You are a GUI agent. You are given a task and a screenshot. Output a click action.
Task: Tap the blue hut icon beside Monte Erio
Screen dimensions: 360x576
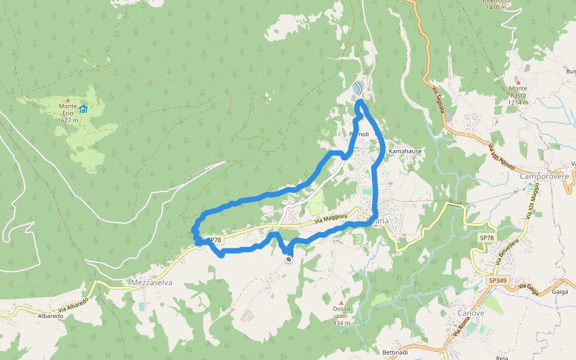(x=83, y=109)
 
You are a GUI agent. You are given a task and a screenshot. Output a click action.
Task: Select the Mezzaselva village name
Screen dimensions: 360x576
(x=152, y=282)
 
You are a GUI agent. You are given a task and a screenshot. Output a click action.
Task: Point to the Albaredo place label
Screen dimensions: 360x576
(x=50, y=316)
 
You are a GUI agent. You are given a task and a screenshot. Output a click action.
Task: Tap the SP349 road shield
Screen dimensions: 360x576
(x=497, y=280)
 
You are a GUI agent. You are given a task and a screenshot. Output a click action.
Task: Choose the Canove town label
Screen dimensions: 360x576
(x=470, y=313)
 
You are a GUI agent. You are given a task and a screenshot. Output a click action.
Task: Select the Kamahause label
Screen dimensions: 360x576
(x=405, y=151)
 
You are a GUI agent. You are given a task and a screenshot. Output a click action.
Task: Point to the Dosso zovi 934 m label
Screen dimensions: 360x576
(x=341, y=316)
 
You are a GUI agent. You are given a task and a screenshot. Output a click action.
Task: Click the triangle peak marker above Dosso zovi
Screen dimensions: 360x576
(x=341, y=302)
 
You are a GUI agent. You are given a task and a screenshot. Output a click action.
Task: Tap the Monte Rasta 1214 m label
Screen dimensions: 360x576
(x=518, y=95)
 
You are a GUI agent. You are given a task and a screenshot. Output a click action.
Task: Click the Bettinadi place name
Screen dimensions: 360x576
(x=395, y=352)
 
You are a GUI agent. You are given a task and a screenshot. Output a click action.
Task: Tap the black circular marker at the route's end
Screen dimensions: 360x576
(x=289, y=259)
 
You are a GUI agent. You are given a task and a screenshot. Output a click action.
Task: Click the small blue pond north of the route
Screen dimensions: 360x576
(x=358, y=88)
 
